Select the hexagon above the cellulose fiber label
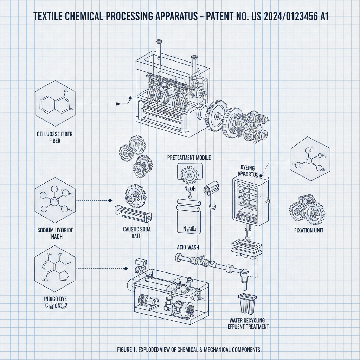pos(54,104)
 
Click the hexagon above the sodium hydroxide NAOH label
pos(54,201)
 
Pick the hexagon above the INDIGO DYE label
pos(54,269)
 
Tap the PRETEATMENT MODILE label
pos(189,158)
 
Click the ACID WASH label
pos(188,247)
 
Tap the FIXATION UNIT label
pos(309,230)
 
